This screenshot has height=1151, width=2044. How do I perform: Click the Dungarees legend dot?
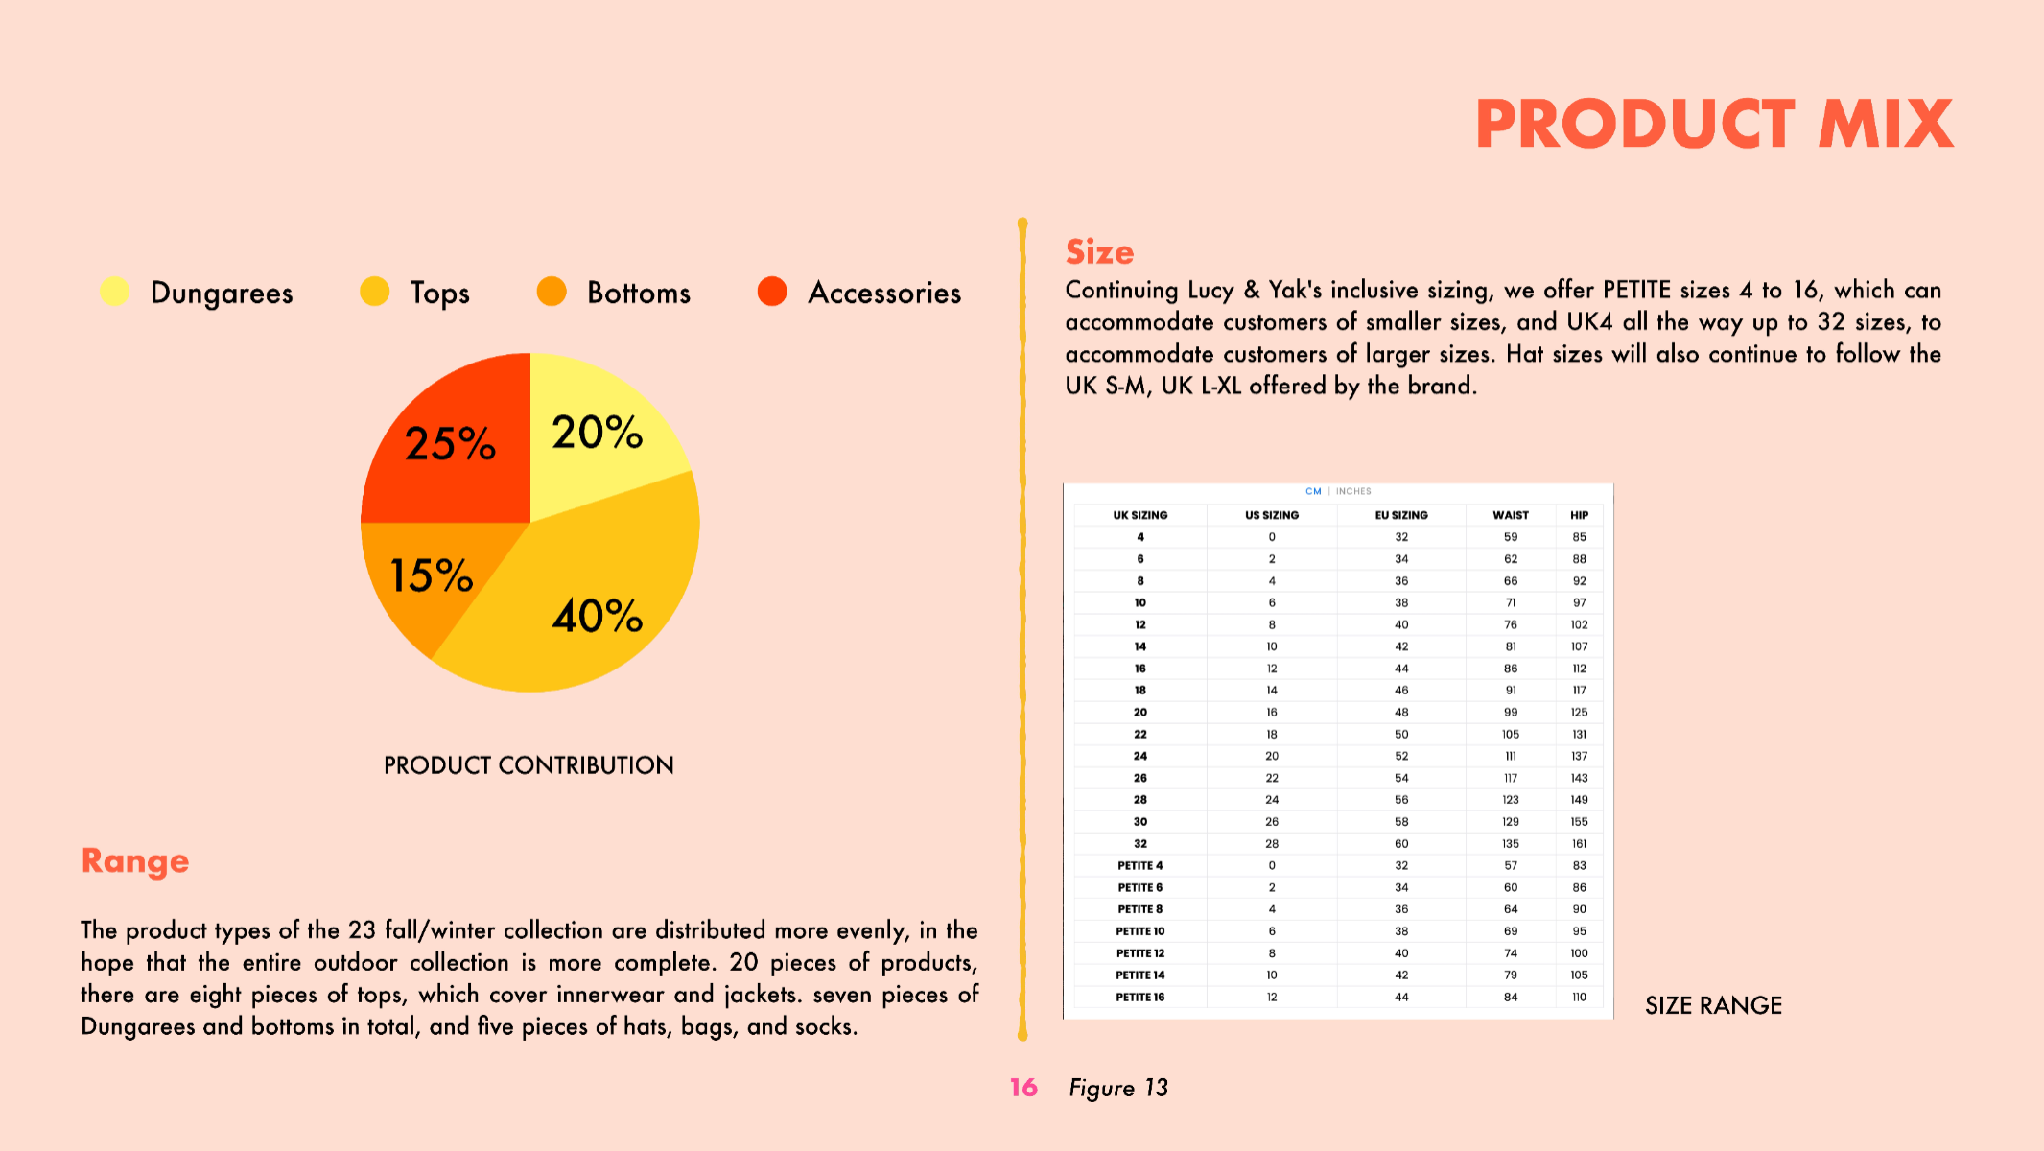pyautogui.click(x=115, y=292)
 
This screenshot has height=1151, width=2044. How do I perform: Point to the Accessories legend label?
pyautogui.click(x=884, y=293)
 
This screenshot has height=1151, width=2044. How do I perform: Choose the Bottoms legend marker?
pyautogui.click(x=552, y=292)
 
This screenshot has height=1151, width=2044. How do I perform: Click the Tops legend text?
pyautogui.click(x=440, y=293)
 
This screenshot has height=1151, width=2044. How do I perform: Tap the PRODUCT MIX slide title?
pyautogui.click(x=1714, y=125)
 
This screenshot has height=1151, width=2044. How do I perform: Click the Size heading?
pyautogui.click(x=1100, y=252)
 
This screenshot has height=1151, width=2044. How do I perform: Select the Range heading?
pyautogui.click(x=135, y=860)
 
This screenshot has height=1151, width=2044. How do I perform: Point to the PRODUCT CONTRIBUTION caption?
pyautogui.click(x=529, y=765)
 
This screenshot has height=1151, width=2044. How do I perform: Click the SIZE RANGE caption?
pyautogui.click(x=1713, y=1005)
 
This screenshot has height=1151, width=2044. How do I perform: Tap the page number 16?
pyautogui.click(x=1023, y=1088)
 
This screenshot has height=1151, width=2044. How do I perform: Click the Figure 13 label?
pyautogui.click(x=1118, y=1088)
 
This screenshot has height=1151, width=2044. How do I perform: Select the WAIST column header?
pyautogui.click(x=1511, y=515)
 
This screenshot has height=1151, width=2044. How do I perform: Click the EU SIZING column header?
pyautogui.click(x=1401, y=515)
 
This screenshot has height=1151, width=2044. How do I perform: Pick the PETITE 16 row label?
pyautogui.click(x=1140, y=998)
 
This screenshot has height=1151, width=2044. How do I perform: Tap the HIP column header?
pyautogui.click(x=1580, y=515)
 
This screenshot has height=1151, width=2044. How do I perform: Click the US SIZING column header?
pyautogui.click(x=1272, y=515)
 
